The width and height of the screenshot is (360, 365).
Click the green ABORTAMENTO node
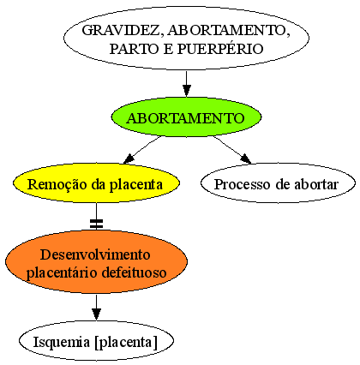pyautogui.click(x=186, y=117)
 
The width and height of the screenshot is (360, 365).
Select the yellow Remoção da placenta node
pyautogui.click(x=96, y=183)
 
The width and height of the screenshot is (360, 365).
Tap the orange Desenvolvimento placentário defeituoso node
pyautogui.click(x=96, y=261)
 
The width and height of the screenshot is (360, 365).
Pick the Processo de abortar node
pyautogui.click(x=278, y=183)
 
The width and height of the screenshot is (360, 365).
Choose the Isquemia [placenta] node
pyautogui.click(x=96, y=341)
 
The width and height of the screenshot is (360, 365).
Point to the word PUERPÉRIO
pyautogui.click(x=220, y=49)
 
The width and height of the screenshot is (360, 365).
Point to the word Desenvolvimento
pyautogui.click(x=95, y=254)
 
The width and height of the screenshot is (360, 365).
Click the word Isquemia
pyautogui.click(x=61, y=342)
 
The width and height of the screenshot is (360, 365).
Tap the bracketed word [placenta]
pyautogui.click(x=126, y=342)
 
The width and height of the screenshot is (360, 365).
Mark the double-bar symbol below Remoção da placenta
pyautogui.click(x=96, y=224)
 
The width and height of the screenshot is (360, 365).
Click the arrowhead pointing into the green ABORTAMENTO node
pyautogui.click(x=187, y=91)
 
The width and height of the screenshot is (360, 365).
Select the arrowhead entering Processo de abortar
pyautogui.click(x=246, y=159)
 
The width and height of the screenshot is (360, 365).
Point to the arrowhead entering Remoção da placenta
pyautogui.click(x=129, y=159)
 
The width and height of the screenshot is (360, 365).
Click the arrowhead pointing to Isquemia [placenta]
pyautogui.click(x=96, y=314)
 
